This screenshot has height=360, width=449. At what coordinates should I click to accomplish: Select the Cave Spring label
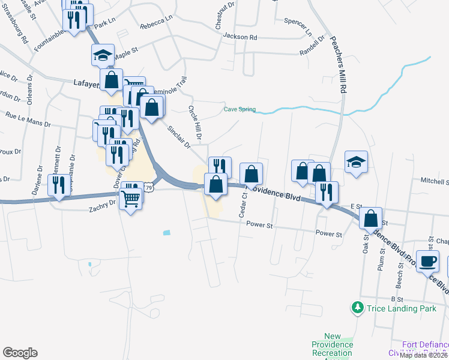[240, 109]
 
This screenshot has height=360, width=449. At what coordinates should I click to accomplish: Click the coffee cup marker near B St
[428, 262]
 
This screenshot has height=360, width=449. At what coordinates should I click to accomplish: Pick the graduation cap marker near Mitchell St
[356, 161]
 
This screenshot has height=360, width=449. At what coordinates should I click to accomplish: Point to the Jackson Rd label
[240, 37]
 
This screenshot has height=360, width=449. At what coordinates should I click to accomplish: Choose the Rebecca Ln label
[156, 27]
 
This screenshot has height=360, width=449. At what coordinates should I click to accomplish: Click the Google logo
[20, 352]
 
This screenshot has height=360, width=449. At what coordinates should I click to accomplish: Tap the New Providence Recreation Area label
[332, 346]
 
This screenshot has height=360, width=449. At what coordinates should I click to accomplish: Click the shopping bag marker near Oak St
[371, 218]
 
